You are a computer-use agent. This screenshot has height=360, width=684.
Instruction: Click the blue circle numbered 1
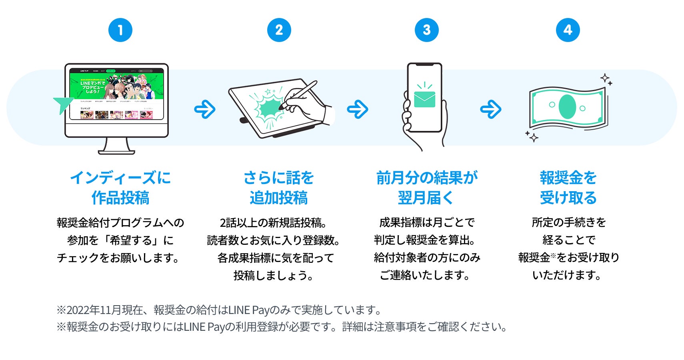(120, 30)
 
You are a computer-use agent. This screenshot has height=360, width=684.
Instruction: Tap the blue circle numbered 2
(279, 30)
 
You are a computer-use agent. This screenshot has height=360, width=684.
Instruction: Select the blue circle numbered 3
(426, 30)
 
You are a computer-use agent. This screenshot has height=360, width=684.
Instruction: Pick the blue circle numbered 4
(568, 30)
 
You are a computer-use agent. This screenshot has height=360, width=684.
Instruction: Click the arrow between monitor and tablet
(205, 109)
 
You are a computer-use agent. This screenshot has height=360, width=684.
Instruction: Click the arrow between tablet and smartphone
(357, 109)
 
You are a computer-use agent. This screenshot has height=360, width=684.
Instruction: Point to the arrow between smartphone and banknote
(490, 109)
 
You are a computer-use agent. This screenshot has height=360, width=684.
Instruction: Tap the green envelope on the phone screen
(424, 99)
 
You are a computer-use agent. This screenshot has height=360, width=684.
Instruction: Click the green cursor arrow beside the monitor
(63, 104)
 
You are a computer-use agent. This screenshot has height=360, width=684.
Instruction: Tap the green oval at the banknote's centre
(567, 107)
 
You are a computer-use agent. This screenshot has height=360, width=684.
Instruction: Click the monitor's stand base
(116, 151)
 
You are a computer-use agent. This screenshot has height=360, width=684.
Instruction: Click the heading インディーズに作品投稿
(120, 188)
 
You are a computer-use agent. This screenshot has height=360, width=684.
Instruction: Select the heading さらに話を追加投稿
(279, 188)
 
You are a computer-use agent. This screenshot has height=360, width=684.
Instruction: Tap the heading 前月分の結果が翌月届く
(426, 188)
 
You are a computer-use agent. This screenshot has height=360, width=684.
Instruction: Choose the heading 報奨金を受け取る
(568, 188)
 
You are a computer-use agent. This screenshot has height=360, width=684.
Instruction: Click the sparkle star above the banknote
(605, 78)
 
